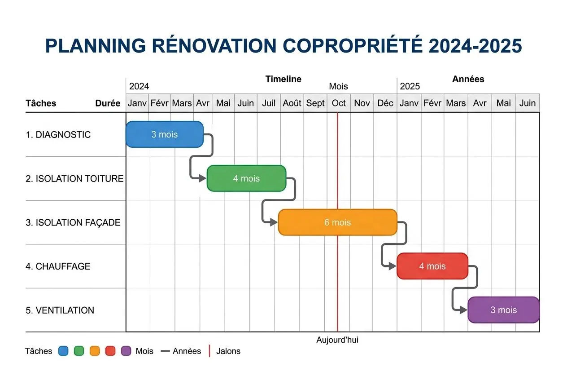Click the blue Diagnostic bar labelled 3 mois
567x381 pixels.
pyautogui.click(x=165, y=134)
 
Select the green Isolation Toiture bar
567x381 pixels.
pyautogui.click(x=246, y=178)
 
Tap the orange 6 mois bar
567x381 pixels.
pyautogui.click(x=337, y=222)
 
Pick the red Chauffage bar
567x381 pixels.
pyautogui.click(x=432, y=266)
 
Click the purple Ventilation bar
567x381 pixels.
pyautogui.click(x=503, y=310)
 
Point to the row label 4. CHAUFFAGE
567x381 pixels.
pyautogui.click(x=58, y=266)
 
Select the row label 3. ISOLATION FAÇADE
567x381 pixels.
pyautogui.click(x=73, y=222)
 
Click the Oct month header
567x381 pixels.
pyautogui.click(x=339, y=103)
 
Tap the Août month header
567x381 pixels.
pyautogui.click(x=292, y=103)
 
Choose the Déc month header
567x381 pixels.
pyautogui.click(x=385, y=103)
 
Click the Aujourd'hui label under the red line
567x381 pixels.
pyautogui.click(x=337, y=340)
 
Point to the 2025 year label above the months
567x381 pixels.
pyautogui.click(x=410, y=86)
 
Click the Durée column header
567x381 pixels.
pyautogui.click(x=108, y=103)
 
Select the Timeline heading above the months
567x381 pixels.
pyautogui.click(x=283, y=79)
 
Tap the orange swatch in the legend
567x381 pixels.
pyautogui.click(x=95, y=351)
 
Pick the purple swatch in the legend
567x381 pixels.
pyautogui.click(x=126, y=351)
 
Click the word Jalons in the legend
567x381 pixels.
pyautogui.click(x=228, y=351)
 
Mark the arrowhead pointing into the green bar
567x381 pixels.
pyautogui.click(x=203, y=178)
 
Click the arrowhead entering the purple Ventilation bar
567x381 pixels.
pyautogui.click(x=464, y=310)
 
